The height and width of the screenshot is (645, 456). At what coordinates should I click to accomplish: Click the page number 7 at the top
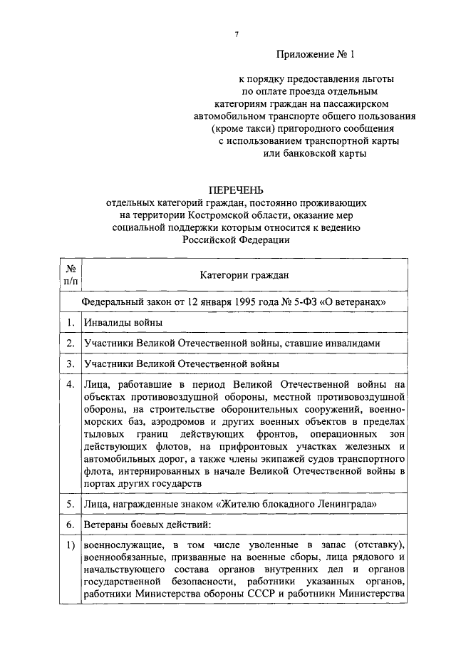point(235,34)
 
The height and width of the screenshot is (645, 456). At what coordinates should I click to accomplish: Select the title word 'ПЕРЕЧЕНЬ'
point(235,190)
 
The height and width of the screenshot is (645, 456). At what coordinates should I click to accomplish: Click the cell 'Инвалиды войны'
point(123,323)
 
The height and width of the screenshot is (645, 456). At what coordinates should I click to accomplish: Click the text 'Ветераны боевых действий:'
point(147,525)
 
